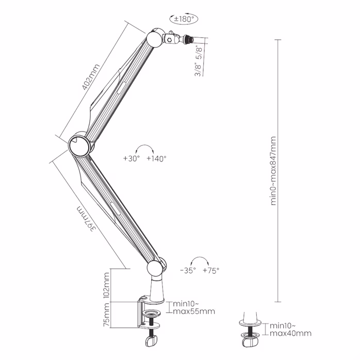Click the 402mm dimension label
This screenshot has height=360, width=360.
click(x=91, y=76)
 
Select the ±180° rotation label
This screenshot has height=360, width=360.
click(x=184, y=19)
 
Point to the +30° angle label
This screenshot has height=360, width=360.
click(x=132, y=159)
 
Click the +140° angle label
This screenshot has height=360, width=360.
click(x=156, y=159)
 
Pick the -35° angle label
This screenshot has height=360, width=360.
click(x=188, y=270)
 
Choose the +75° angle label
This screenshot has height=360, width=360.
click(x=211, y=270)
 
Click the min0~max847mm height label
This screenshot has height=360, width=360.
click(x=273, y=171)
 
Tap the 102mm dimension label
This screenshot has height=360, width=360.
click(x=107, y=286)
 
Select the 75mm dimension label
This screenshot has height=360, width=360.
click(x=107, y=316)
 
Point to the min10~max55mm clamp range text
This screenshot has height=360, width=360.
click(x=193, y=307)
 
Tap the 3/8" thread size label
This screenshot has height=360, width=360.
click(x=198, y=67)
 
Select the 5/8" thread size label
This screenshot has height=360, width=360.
click(x=198, y=51)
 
